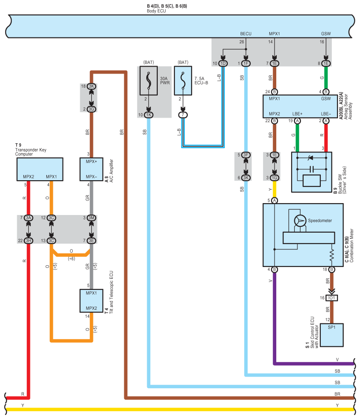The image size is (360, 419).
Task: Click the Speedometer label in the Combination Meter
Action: [x=320, y=220]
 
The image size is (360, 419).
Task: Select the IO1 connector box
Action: [x=332, y=298]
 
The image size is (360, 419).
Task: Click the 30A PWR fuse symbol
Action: [x=149, y=82]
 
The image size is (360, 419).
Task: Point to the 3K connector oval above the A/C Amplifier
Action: [x=91, y=86]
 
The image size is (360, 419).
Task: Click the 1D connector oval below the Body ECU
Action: [x=223, y=63]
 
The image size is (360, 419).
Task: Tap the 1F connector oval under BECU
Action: [x=245, y=63]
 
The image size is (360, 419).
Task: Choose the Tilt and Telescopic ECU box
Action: [x=91, y=301]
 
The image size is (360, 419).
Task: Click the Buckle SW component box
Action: [x=312, y=172]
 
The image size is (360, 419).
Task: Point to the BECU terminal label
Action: [x=245, y=33]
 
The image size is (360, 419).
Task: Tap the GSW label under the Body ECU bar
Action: [x=326, y=33]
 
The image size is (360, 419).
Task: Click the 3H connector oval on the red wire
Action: [x=29, y=241]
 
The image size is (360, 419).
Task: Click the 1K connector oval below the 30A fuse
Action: [x=149, y=115]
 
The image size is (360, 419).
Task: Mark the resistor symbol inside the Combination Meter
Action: [x=332, y=255]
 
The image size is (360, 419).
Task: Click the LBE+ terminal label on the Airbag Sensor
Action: [x=298, y=114]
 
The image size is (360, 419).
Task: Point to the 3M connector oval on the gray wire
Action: [x=91, y=218]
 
